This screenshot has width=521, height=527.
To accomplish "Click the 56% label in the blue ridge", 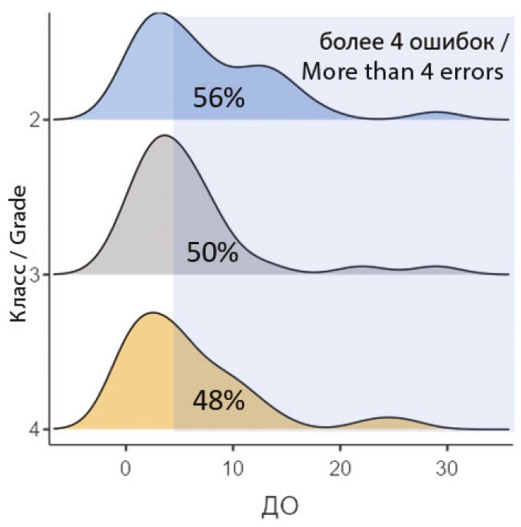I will pos(219,98).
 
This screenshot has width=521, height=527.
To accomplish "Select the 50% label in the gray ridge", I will pos(212,252).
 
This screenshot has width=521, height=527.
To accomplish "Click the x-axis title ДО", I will pos(279,503).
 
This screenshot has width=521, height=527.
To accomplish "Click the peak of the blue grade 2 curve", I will pos(158,13).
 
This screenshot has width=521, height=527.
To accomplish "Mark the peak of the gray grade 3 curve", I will pos(163,135).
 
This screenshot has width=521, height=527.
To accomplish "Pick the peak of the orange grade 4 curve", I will pos(153,312).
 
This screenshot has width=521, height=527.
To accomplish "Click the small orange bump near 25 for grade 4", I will pos(386,418).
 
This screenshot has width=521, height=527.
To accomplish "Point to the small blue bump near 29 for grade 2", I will pos(436,113).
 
